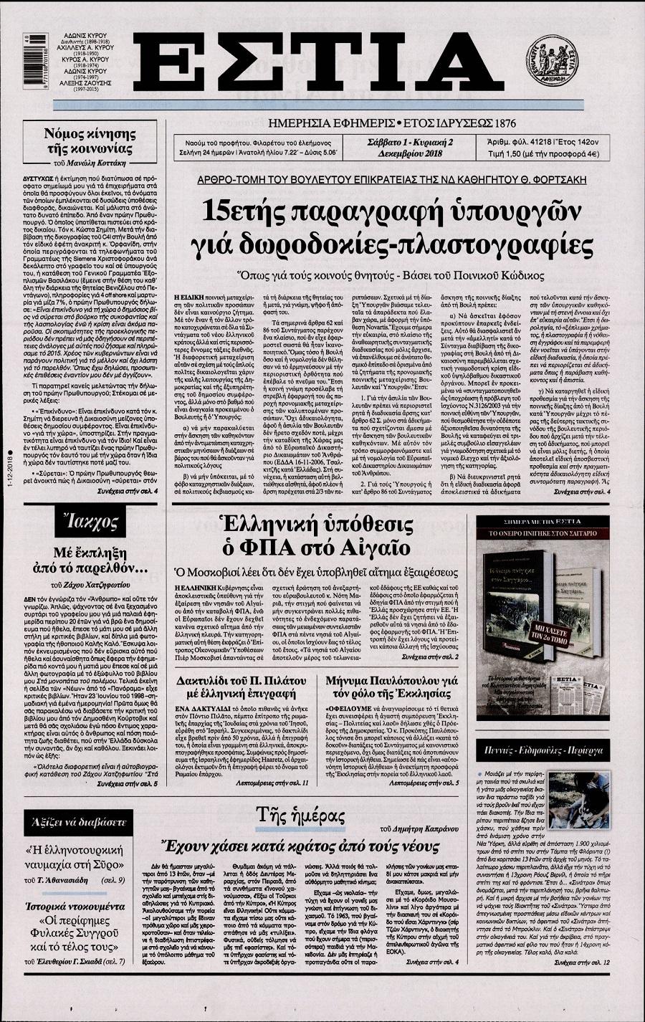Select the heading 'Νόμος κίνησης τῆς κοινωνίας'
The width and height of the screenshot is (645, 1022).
click(x=90, y=141)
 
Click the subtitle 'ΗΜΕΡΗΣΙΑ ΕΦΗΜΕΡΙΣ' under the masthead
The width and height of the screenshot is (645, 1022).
click(x=327, y=123)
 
